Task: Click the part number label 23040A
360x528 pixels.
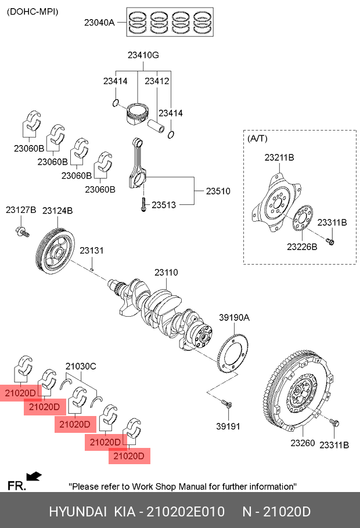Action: coord(99,23)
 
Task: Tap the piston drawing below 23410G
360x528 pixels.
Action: coord(138,113)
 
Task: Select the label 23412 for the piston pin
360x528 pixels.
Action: coord(157,81)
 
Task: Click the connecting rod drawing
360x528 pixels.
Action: coord(138,162)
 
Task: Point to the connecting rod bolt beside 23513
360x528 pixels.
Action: coord(143,204)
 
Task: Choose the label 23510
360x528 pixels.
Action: coord(218,191)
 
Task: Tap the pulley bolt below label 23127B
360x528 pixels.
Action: coord(22,232)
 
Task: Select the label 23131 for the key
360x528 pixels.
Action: coord(91,251)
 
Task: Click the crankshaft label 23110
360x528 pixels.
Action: coord(166,273)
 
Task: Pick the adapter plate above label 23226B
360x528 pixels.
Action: coord(303,218)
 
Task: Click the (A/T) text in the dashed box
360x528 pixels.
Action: coord(257,138)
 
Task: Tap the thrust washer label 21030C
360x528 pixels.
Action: coord(81,366)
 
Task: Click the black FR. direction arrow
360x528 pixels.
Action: coord(34,476)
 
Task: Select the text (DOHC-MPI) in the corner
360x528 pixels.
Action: coord(33,12)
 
